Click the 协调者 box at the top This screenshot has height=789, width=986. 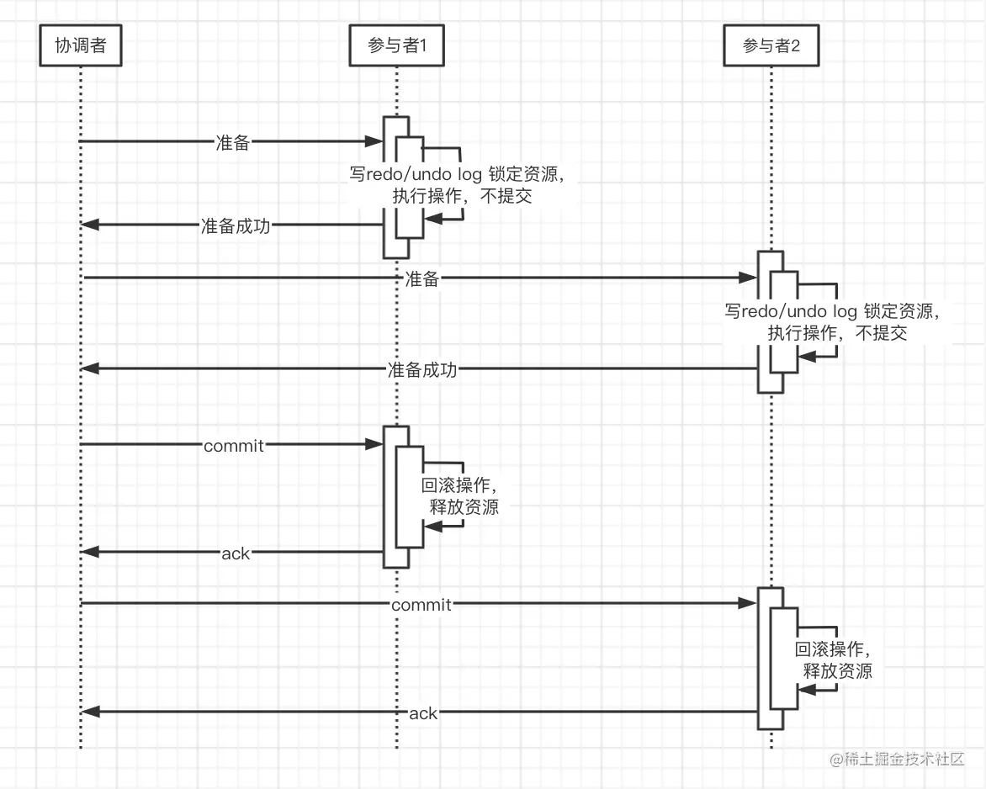pyautogui.click(x=81, y=45)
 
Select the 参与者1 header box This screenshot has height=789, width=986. pyautogui.click(x=396, y=45)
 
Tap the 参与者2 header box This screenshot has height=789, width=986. pyautogui.click(x=771, y=45)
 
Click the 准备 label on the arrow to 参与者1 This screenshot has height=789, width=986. pyautogui.click(x=233, y=142)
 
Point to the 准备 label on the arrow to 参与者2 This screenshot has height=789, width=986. pyautogui.click(x=421, y=279)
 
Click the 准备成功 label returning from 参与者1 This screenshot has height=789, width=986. pyautogui.click(x=236, y=225)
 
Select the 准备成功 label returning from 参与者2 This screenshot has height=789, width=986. pyautogui.click(x=421, y=369)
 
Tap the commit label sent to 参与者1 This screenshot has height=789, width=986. pyautogui.click(x=234, y=446)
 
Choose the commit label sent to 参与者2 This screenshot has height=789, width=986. pyautogui.click(x=421, y=605)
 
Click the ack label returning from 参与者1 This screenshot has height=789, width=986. pyautogui.click(x=236, y=553)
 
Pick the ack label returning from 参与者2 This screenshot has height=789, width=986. pyautogui.click(x=423, y=713)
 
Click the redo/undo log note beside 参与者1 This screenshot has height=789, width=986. pyautogui.click(x=455, y=185)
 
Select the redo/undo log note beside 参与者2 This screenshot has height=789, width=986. pyautogui.click(x=830, y=321)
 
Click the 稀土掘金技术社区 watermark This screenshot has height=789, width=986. pyautogui.click(x=896, y=759)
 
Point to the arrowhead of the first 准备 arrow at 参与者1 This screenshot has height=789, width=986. pyautogui.click(x=375, y=142)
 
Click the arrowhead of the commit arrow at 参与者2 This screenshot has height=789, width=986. pyautogui.click(x=748, y=603)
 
